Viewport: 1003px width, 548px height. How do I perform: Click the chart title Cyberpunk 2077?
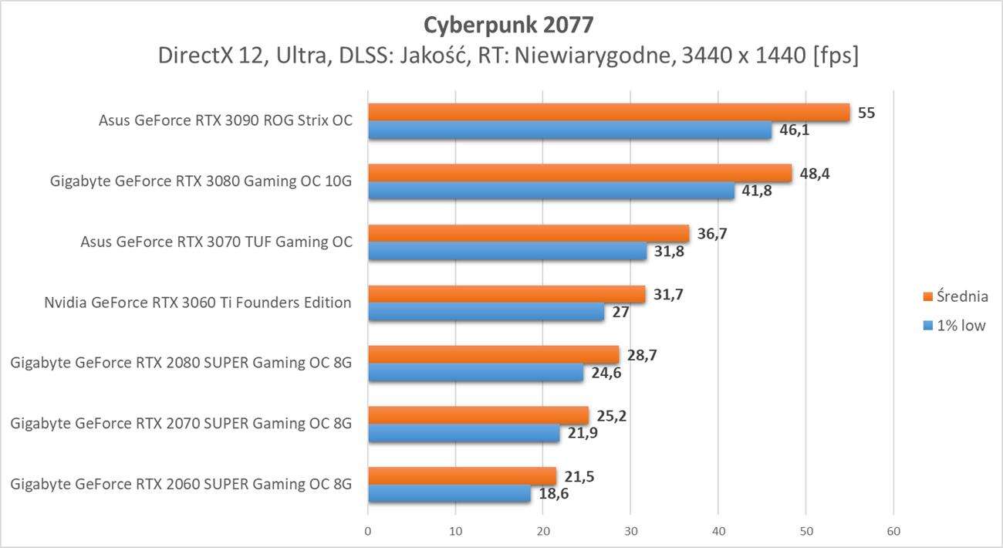coord(508,25)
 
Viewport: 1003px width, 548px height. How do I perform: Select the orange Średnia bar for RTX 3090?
coord(609,113)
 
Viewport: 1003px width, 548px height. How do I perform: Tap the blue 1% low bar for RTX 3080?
coord(551,191)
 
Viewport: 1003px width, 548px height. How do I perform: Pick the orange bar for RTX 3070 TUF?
coord(529,233)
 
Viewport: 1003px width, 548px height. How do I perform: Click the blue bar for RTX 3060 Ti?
coord(486,313)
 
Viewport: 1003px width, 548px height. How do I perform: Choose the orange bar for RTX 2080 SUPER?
coord(493,354)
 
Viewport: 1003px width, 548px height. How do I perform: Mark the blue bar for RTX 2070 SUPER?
coord(464,434)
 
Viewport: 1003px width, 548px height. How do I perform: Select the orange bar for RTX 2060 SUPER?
coord(462,475)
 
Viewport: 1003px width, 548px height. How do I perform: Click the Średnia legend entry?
coord(956,296)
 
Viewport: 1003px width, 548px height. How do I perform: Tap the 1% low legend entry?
coord(954,325)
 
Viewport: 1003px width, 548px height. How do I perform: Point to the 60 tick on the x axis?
coord(893,531)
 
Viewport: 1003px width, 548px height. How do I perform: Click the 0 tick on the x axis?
coord(368,531)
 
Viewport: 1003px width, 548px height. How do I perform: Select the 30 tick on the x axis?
coord(630,531)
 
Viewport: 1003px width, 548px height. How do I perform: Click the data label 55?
coord(866,113)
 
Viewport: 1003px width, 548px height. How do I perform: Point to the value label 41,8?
coord(758,191)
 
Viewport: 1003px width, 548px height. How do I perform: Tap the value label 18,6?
coord(554,494)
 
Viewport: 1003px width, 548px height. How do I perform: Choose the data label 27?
coord(620,313)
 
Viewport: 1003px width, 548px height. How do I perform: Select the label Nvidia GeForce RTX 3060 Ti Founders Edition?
coord(198,303)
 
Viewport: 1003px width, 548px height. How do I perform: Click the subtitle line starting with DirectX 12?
coord(508,56)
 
